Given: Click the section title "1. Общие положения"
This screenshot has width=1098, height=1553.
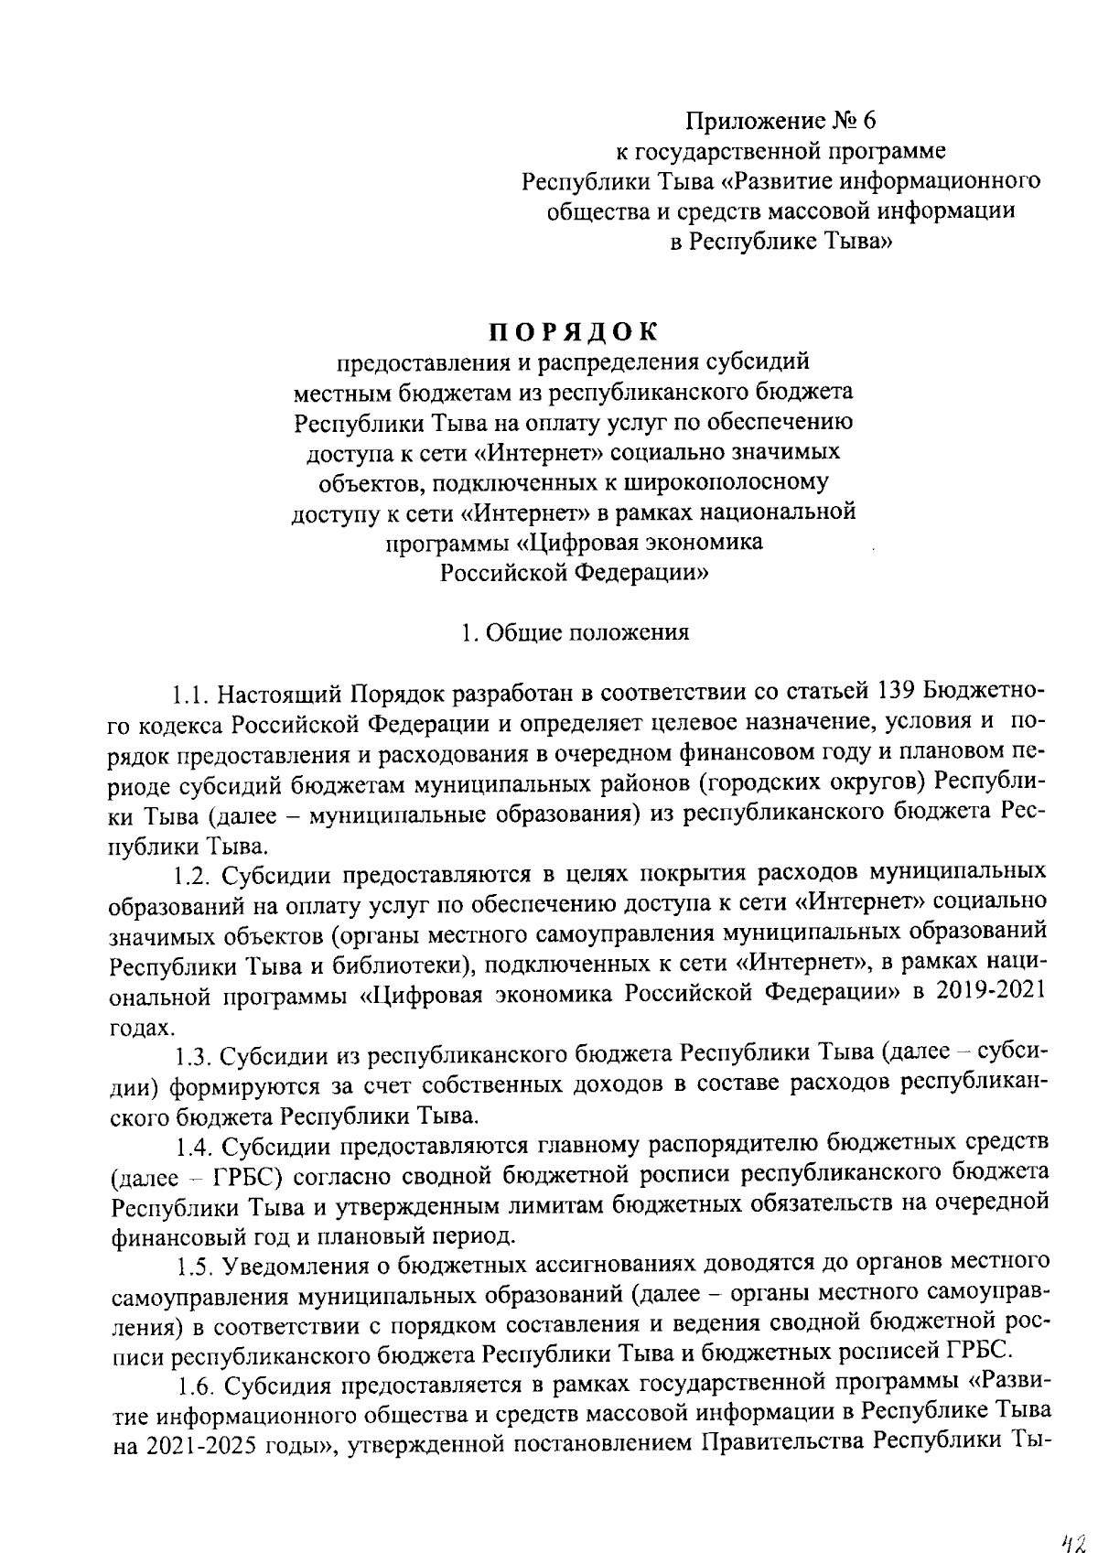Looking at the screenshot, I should click(x=575, y=633).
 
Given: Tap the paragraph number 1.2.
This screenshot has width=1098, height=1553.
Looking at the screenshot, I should click(x=194, y=873).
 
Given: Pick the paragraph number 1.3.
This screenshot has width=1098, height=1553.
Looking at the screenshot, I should click(x=194, y=1055).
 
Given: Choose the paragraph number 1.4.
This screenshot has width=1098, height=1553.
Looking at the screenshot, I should click(x=194, y=1146).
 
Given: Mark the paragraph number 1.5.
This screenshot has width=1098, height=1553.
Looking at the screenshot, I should click(x=194, y=1267).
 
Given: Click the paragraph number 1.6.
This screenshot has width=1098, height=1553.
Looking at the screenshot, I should click(x=194, y=1387).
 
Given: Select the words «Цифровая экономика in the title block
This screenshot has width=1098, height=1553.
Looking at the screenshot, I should click(x=640, y=543).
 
